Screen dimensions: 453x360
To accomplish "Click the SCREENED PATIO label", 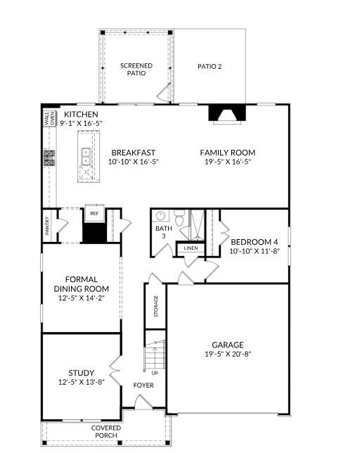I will [136, 69].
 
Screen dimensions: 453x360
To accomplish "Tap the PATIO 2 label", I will [210, 67].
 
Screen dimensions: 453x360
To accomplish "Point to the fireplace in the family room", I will [226, 116].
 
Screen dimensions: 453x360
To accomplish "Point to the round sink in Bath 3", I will [160, 216].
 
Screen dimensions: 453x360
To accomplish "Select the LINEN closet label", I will [190, 248].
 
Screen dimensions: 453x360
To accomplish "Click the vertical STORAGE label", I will [156, 306].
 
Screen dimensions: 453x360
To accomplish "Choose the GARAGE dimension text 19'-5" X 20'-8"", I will [227, 355].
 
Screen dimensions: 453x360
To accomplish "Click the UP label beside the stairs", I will [154, 373].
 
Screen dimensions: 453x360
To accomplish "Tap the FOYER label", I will [144, 385].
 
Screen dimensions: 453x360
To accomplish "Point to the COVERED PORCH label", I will [105, 431].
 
